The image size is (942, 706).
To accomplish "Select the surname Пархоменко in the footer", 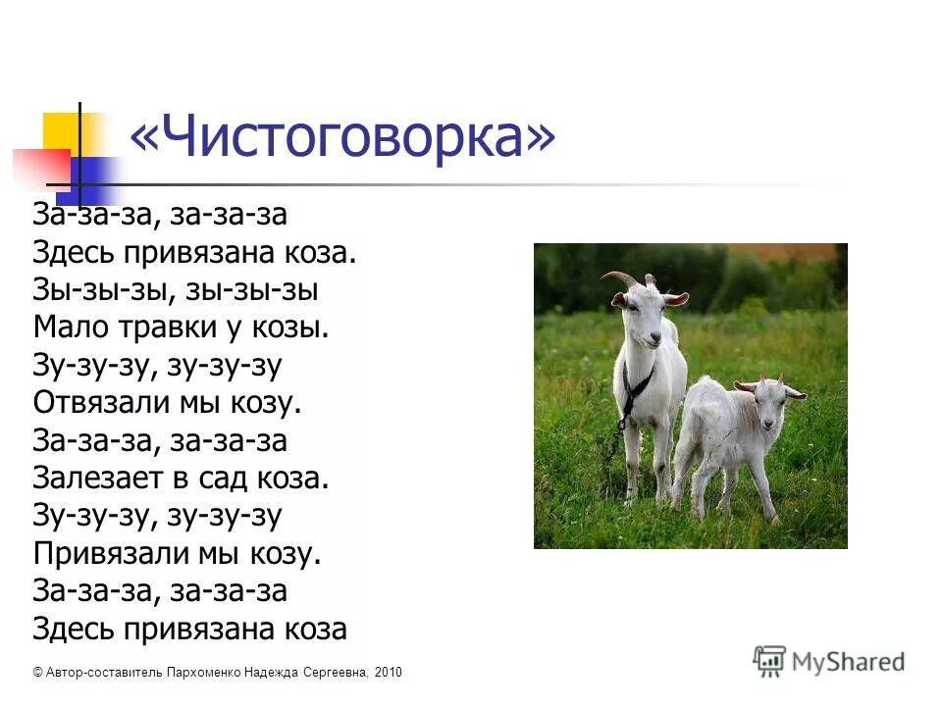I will [x=212, y=673].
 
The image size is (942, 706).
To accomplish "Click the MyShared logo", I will [x=829, y=661].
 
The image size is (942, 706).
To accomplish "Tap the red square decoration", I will [x=39, y=167].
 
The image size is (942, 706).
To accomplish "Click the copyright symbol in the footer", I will [x=37, y=673].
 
